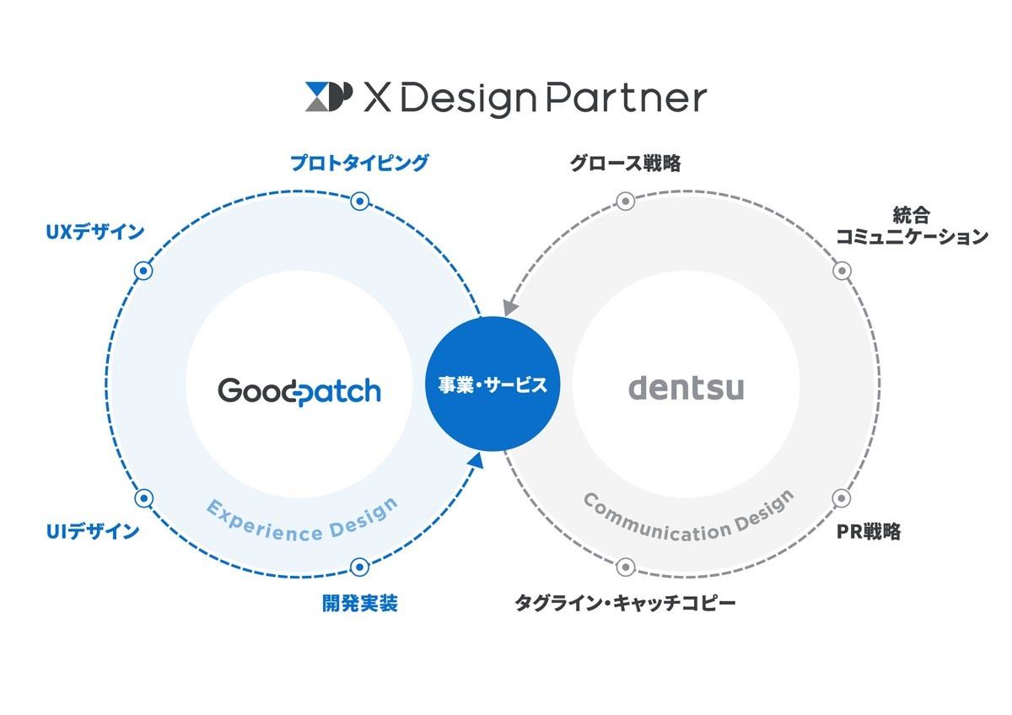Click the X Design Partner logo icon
pos(328,97)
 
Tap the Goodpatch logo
pos(299,391)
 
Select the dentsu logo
pos(686,389)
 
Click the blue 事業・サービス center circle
pos(493,384)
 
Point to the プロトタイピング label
pos(359,163)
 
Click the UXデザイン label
pos(94,232)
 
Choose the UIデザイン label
pos(93,532)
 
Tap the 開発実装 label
pos(360,604)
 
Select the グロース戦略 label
pos(625,163)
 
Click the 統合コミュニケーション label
pos(912,225)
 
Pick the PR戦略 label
pos(869,532)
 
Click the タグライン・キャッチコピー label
pos(625,604)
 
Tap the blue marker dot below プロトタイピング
pos(360,201)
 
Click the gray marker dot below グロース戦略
pos(626,201)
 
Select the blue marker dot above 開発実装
pos(360,567)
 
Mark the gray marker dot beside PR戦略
pos(842,498)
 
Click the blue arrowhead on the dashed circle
pos(476,462)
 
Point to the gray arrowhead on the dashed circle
pos(510,307)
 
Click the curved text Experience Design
pos(302,524)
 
